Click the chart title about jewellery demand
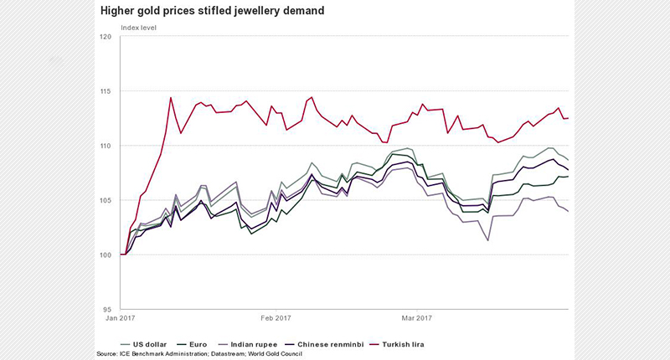tap(213, 12)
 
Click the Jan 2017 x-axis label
tap(121, 318)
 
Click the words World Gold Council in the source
tap(274, 354)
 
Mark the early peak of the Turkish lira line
tap(171, 97)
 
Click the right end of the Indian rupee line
tap(569, 211)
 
